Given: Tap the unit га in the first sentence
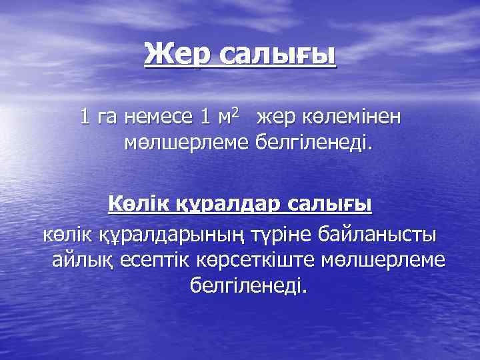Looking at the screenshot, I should coord(107,117).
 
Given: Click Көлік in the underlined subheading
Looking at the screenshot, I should coord(139,203).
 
